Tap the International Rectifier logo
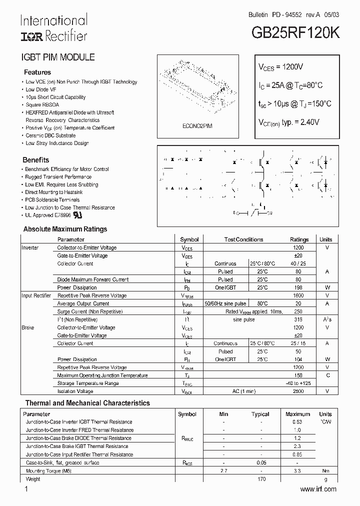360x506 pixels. point(53,28)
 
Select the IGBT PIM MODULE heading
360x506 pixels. point(57,57)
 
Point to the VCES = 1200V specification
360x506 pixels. point(280,66)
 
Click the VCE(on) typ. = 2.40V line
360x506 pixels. point(288,122)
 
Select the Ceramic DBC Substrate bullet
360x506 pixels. point(50,135)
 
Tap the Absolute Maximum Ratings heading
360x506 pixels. point(65,229)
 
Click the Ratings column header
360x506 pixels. point(299,239)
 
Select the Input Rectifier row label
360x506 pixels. point(36,295)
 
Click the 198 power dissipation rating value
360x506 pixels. point(298,287)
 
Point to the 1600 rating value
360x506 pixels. point(298,295)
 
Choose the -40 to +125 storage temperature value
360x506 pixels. point(298,383)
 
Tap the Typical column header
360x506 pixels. point(260,414)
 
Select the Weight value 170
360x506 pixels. point(261,479)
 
